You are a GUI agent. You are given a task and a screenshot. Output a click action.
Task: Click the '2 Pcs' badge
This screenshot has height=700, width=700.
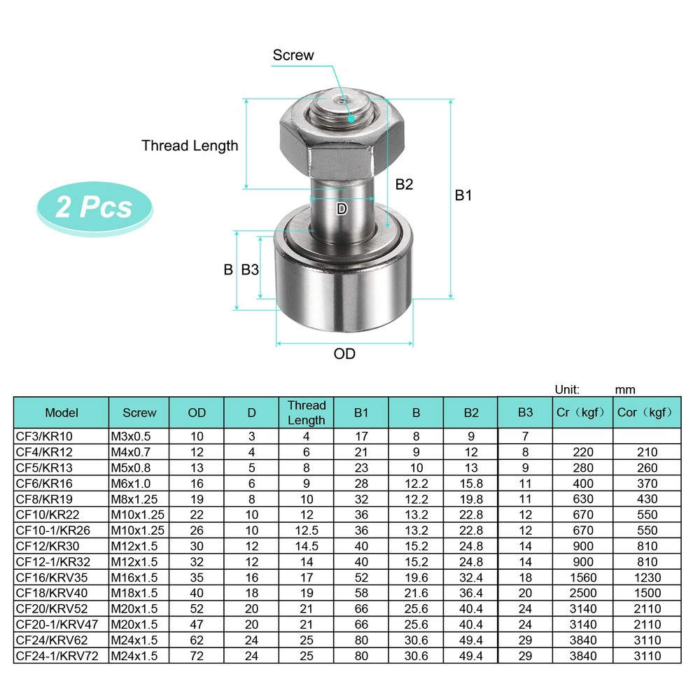[x=94, y=207]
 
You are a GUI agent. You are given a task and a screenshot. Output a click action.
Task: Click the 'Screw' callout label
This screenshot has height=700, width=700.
[x=293, y=55]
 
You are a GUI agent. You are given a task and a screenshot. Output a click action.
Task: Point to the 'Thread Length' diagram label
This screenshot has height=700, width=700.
[x=190, y=146]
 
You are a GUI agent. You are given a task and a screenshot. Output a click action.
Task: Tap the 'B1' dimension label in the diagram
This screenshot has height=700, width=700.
[x=463, y=195]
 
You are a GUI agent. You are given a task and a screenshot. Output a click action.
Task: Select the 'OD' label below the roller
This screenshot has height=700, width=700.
[x=344, y=353]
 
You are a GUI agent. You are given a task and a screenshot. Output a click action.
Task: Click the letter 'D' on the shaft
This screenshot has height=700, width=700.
[x=342, y=209]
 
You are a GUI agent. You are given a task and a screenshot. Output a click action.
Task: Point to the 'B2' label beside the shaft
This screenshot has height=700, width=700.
[x=404, y=184]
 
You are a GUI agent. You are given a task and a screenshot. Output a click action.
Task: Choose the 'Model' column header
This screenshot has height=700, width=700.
[x=62, y=412]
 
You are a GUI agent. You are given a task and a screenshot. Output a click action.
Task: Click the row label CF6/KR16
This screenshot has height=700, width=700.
[x=44, y=483]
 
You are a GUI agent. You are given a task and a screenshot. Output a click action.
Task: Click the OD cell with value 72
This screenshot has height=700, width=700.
[x=197, y=655]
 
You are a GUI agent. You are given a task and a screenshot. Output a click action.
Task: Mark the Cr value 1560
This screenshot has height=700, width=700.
[x=582, y=577]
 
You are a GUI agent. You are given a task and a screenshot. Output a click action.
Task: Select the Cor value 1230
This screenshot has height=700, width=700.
[x=647, y=577]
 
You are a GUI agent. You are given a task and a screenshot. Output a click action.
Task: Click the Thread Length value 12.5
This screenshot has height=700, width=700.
[x=306, y=531]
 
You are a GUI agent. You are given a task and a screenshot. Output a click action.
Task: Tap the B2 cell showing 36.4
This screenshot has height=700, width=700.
[x=470, y=593]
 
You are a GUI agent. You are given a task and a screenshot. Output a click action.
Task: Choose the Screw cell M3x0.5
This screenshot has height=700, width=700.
[x=131, y=436]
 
